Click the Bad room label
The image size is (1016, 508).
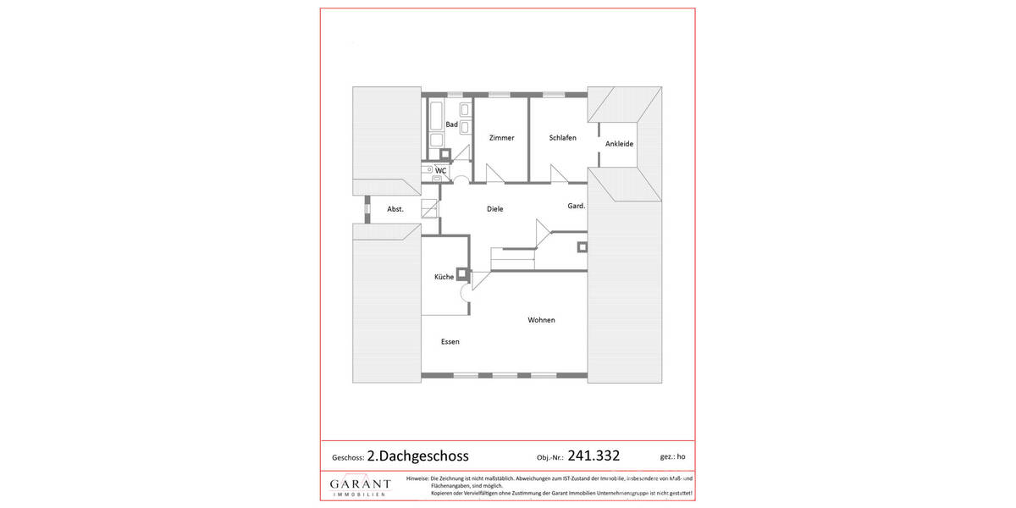(451, 125)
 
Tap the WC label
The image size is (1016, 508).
(440, 170)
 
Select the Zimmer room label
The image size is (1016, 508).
(501, 138)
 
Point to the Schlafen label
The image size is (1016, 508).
(562, 138)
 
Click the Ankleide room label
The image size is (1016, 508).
(619, 144)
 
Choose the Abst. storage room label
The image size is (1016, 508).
(395, 208)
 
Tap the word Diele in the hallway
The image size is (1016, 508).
(495, 208)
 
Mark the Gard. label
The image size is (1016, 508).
(577, 206)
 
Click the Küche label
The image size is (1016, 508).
(444, 277)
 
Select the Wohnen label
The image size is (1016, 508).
(541, 320)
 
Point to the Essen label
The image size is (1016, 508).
(450, 342)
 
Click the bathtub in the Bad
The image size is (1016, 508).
(435, 114)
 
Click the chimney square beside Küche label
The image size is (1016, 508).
(462, 273)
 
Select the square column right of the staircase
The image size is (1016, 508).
(582, 247)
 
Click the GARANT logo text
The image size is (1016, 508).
(360, 483)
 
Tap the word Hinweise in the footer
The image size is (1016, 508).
(417, 478)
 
